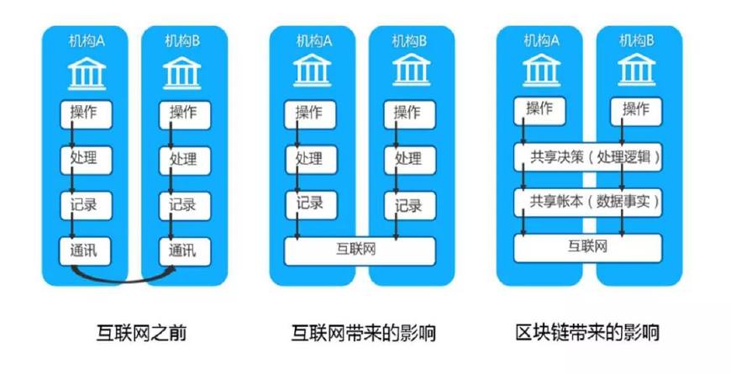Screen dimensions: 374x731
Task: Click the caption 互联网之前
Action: click(141, 333)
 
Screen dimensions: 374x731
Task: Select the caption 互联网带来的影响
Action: click(363, 333)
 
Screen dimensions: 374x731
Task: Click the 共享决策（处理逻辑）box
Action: click(587, 157)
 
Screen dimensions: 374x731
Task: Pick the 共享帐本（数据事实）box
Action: click(587, 202)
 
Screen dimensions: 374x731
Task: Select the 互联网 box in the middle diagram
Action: click(360, 249)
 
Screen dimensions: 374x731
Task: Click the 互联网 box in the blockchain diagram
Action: click(587, 247)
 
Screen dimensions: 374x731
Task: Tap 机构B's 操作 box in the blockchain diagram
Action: click(634, 109)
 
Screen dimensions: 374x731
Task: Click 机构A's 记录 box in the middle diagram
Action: click(309, 204)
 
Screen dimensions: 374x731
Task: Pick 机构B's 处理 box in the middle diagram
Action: click(408, 158)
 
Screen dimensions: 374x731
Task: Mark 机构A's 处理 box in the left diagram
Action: click(85, 158)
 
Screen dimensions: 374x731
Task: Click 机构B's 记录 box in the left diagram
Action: click(183, 204)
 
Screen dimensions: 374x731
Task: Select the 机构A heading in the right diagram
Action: click(539, 40)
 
